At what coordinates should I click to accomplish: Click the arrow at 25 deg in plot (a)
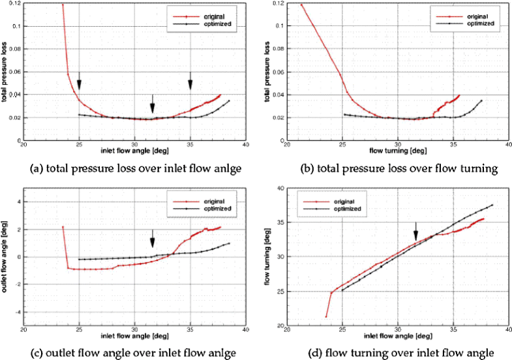coord(79,81)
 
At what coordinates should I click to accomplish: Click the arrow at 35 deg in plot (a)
coord(190,81)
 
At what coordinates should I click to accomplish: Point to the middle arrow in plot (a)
coord(153,103)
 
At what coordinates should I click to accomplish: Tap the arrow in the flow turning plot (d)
coord(415,230)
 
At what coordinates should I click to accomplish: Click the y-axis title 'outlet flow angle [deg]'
coord(6,257)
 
